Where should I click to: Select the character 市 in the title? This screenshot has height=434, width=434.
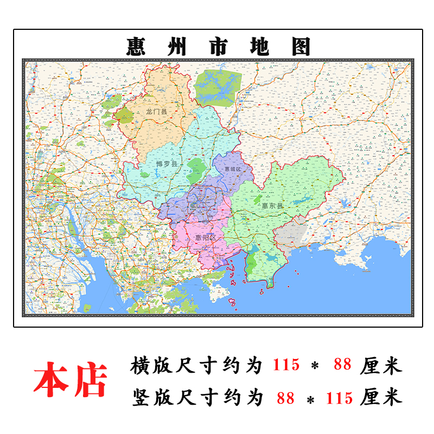pos(219,47)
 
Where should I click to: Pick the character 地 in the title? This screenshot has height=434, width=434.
pos(259,47)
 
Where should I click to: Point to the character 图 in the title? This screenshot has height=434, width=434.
pos(301,47)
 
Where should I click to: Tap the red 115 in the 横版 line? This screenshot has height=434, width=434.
pos(285,365)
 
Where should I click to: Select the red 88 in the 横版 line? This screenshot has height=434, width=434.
pos(343,365)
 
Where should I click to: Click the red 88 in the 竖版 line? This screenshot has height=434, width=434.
pos(285,398)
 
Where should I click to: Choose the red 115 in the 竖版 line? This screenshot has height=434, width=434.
pos(340,398)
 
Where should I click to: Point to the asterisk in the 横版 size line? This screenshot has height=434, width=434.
pos(315,366)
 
